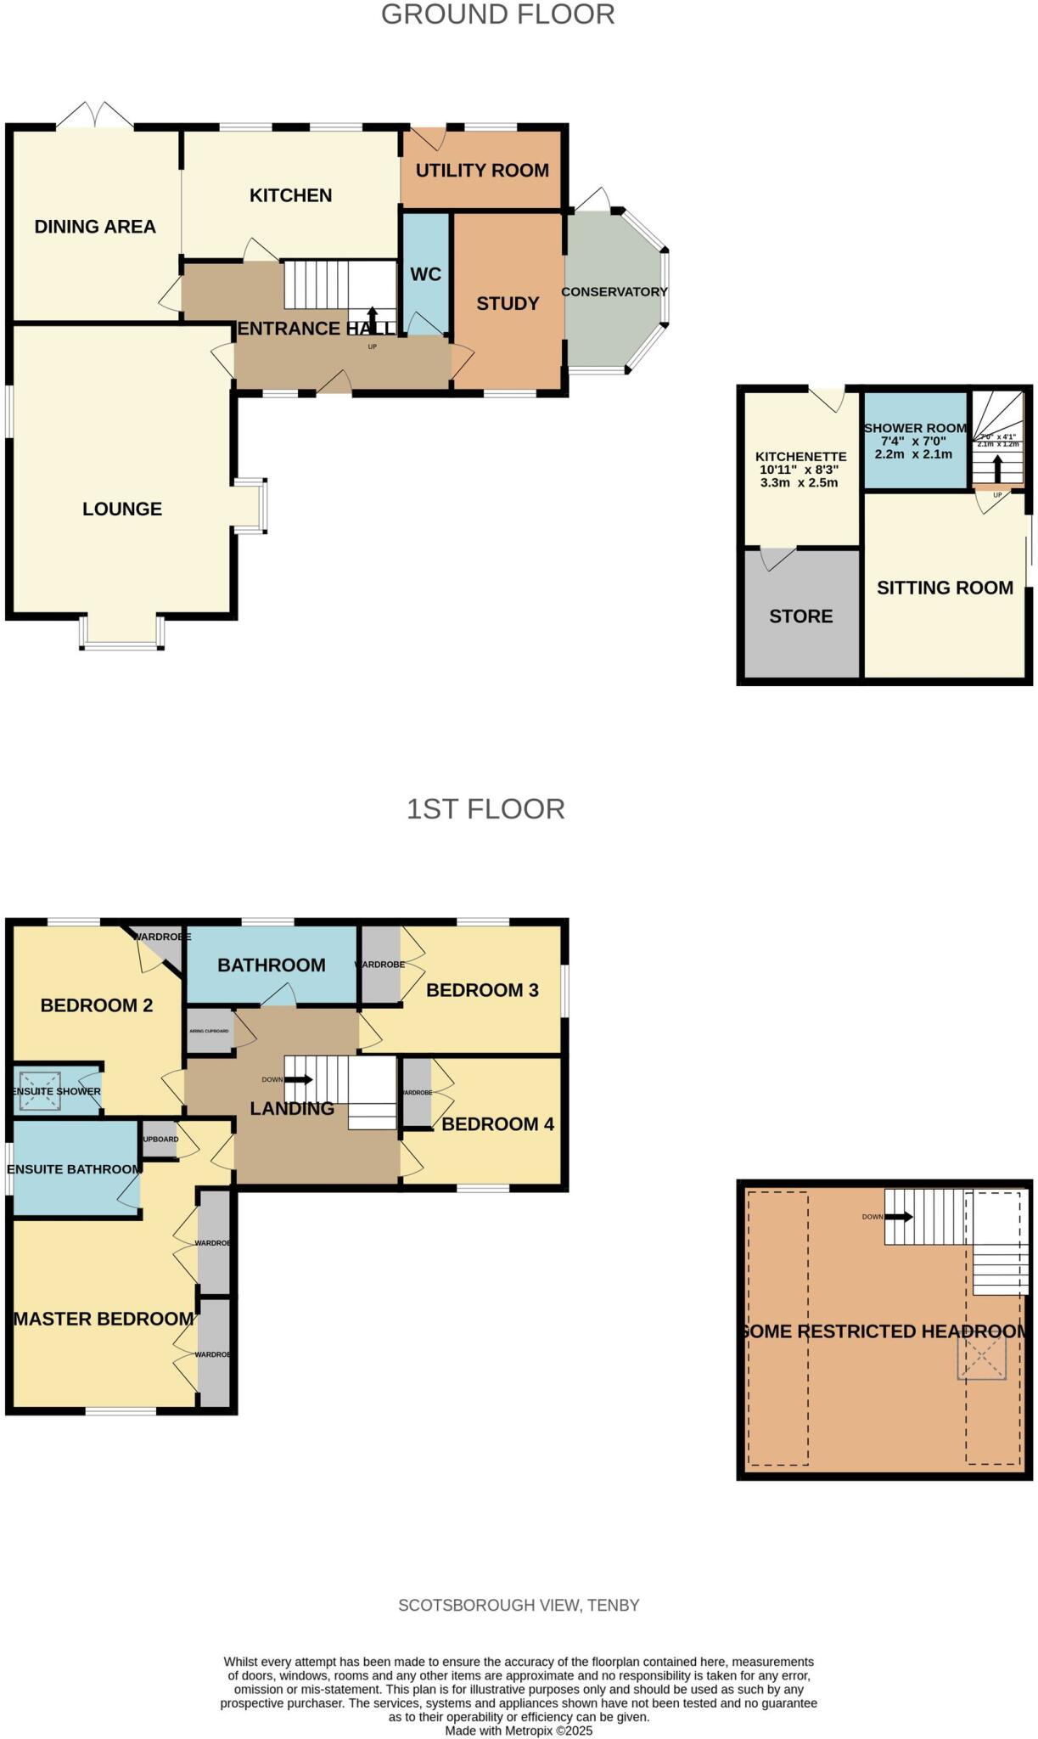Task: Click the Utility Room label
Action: click(x=481, y=171)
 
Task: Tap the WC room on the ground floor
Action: click(x=425, y=274)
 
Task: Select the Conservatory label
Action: click(x=614, y=292)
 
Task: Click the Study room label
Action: click(x=508, y=304)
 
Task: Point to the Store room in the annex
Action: click(x=800, y=616)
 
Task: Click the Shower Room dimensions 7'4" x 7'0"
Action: click(x=915, y=442)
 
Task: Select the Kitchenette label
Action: click(x=800, y=457)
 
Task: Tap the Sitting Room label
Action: click(x=944, y=588)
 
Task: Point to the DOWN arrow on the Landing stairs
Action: click(x=298, y=1080)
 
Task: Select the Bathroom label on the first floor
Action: click(x=271, y=965)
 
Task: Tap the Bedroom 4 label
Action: click(x=497, y=1124)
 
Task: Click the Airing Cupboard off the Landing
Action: click(x=209, y=1031)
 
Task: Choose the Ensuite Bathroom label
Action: click(x=74, y=1169)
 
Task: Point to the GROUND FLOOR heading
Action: click(x=497, y=14)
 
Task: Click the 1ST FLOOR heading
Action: click(x=485, y=809)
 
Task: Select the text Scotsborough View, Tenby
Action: click(x=519, y=1606)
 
